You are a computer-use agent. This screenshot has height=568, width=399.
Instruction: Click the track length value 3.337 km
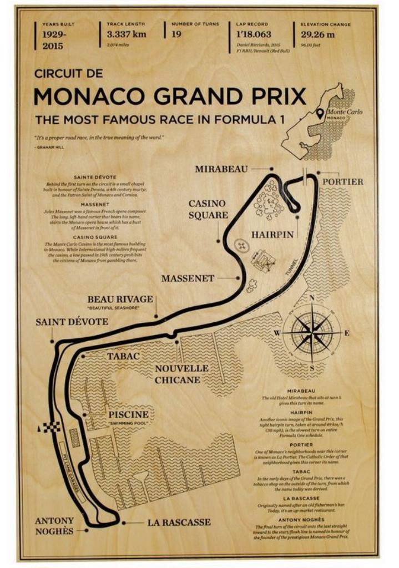point(127,34)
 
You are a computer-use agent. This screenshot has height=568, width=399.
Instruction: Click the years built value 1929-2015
point(55,40)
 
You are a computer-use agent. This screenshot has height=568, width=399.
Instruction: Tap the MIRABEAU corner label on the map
point(221,169)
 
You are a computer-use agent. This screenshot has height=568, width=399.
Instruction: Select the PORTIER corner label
point(342,181)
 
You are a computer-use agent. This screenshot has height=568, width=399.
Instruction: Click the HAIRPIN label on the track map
point(272,235)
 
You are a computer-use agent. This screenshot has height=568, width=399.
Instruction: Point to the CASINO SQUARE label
point(208,209)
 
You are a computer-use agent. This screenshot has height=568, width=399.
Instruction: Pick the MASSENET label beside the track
point(188,278)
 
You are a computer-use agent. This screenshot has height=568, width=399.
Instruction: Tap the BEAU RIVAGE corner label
point(120,300)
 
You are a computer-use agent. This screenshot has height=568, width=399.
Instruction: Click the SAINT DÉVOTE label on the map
point(72,322)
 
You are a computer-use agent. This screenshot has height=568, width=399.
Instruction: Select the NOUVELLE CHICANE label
point(181,374)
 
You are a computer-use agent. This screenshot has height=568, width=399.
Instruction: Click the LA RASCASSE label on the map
point(179,522)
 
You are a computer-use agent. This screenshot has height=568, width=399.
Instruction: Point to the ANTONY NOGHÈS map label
point(54,526)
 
